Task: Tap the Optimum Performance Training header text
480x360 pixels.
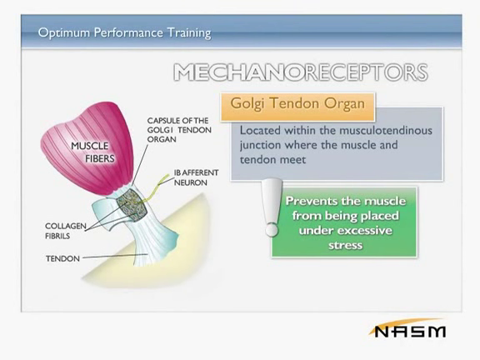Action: coord(124,32)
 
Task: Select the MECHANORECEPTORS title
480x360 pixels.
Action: coord(301,72)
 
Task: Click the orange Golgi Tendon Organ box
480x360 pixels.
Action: coord(297,107)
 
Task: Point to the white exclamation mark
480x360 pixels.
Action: coord(272,207)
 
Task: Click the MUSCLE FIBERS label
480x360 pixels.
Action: coord(92,152)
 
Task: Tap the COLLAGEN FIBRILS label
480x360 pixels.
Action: coord(66,231)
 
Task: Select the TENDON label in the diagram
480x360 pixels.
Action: coord(62,258)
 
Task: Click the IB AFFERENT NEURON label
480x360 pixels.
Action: coord(196,177)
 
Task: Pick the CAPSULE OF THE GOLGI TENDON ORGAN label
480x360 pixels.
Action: coord(179,130)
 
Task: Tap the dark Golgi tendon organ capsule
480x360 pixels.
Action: coord(132,204)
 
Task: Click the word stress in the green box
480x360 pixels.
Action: coord(345,245)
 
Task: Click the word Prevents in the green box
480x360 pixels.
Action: coord(310,201)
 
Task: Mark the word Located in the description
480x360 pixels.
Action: coord(260,130)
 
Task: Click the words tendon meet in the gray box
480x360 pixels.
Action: coord(272,160)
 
